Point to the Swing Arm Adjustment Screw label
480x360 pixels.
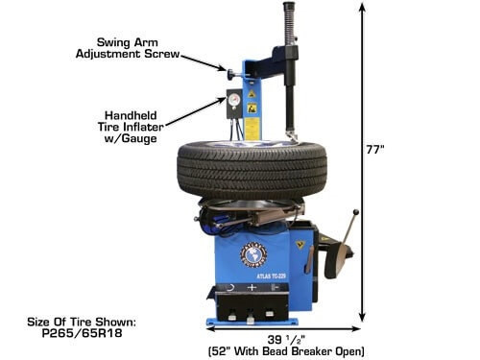click(139, 48)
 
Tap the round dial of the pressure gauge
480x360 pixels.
click(232, 96)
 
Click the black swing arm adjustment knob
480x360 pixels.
click(231, 72)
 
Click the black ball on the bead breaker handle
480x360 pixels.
click(356, 213)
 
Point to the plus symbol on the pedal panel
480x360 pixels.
click(252, 287)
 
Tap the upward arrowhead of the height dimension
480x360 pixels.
click(362, 6)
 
